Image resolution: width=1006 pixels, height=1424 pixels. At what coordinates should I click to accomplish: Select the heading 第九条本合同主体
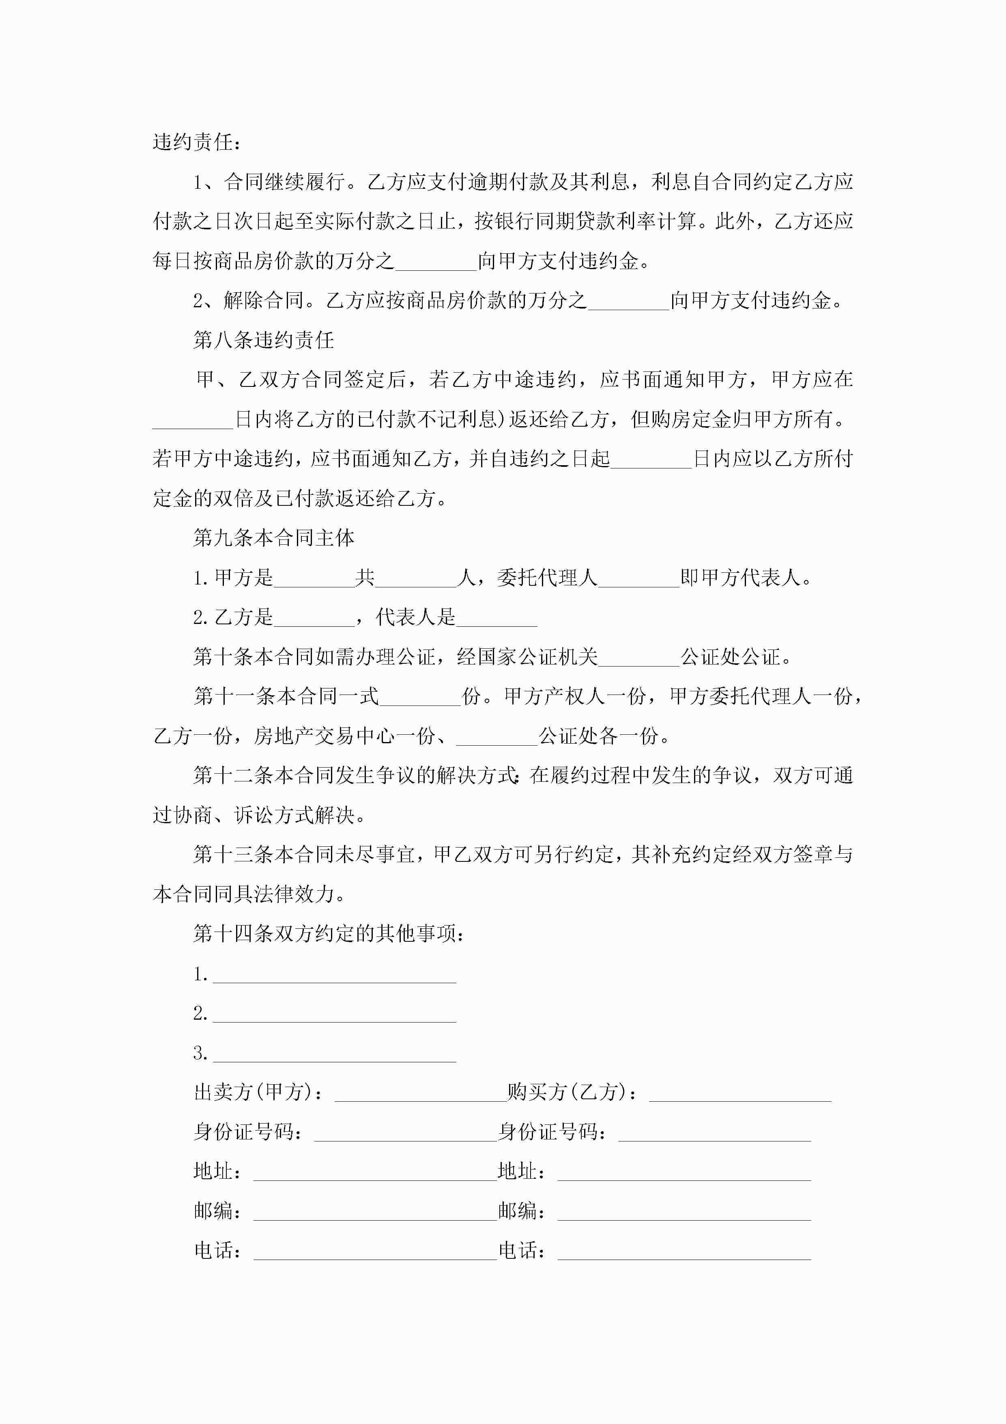(273, 538)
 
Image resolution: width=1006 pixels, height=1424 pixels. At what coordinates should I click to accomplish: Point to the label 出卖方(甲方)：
(258, 1092)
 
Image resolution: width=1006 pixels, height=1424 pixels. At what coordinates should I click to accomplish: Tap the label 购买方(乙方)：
(572, 1092)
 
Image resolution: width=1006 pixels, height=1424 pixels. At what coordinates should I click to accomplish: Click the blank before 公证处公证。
(639, 658)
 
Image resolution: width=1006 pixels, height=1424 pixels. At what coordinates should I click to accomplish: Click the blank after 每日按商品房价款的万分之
(436, 262)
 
